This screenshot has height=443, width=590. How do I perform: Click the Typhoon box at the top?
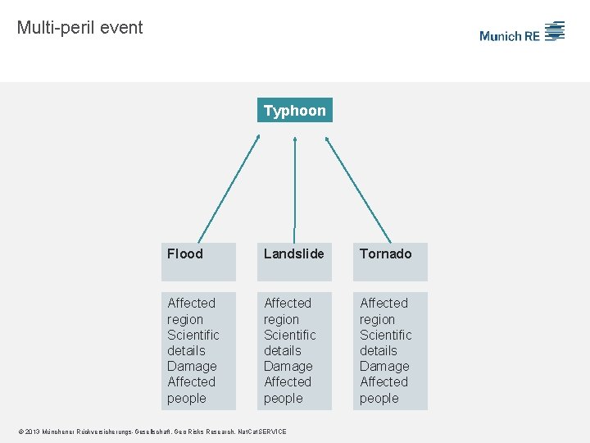295,110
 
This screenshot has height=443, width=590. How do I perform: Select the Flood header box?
197,261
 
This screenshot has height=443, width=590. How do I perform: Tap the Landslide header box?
294,261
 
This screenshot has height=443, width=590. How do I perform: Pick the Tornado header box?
390,261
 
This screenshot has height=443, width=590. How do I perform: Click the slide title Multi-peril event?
79,27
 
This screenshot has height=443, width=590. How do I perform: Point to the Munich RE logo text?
509,35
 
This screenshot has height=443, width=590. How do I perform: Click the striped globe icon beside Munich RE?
555,31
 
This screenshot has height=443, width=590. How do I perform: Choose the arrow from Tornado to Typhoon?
358,189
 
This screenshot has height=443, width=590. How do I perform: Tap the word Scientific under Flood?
193,335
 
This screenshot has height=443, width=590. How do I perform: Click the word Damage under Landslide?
288,366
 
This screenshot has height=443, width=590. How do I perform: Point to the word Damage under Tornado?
384,366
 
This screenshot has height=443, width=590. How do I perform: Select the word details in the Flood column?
186,350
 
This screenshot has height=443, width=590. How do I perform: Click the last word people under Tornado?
379,398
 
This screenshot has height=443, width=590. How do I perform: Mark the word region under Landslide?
282,319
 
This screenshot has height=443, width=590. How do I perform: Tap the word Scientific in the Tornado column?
386,335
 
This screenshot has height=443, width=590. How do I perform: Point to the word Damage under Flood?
192,366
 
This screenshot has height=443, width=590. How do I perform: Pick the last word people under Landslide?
284,398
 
